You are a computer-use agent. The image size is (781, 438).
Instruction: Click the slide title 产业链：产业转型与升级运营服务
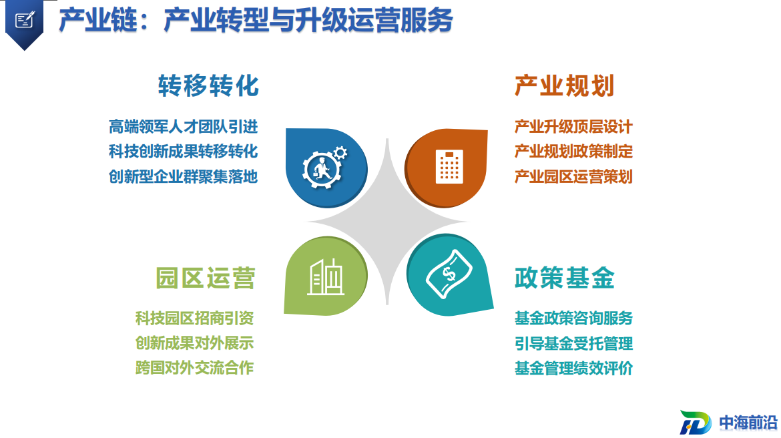click(256, 21)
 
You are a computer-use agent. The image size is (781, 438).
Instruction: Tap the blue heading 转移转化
click(209, 85)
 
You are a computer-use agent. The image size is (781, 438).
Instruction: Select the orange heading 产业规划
click(564, 85)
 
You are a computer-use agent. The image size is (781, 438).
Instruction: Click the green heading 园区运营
click(206, 278)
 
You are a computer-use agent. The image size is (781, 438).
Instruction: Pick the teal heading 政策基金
click(564, 278)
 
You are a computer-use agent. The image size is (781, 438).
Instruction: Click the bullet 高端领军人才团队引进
click(184, 127)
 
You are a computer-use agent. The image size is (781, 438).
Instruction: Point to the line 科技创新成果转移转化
click(184, 152)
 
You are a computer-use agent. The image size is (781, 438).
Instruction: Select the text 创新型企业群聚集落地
click(184, 176)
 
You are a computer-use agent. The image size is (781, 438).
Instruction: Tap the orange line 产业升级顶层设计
click(573, 127)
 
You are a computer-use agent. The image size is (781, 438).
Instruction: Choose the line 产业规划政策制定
click(573, 152)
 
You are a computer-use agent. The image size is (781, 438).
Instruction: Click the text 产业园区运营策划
click(573, 176)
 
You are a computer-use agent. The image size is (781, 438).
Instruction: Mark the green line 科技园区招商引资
click(194, 318)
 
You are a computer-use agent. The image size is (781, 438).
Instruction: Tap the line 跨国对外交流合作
click(194, 368)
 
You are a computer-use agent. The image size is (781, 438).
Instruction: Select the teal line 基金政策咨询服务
click(573, 318)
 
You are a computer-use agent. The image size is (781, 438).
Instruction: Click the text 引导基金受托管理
click(573, 343)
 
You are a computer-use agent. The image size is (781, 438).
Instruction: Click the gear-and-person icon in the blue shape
click(325, 167)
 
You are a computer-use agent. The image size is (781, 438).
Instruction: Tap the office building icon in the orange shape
click(449, 166)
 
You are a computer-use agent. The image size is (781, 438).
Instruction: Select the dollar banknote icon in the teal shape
click(449, 274)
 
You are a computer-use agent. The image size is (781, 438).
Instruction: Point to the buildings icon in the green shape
click(326, 277)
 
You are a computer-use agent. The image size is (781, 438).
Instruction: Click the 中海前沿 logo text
click(748, 423)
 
